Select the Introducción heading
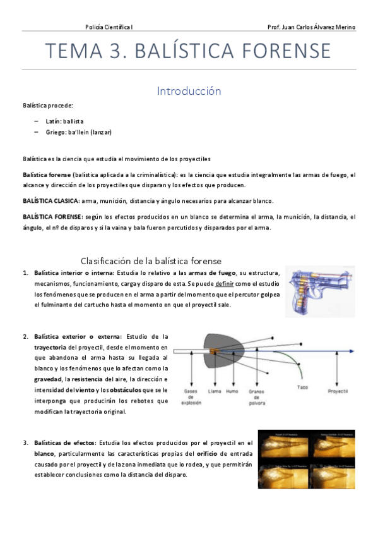click(x=189, y=91)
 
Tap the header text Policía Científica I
click(x=113, y=27)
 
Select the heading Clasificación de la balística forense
click(x=151, y=260)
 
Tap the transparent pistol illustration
click(x=320, y=291)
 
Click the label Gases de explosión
click(x=190, y=397)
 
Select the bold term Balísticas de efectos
click(x=62, y=442)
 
